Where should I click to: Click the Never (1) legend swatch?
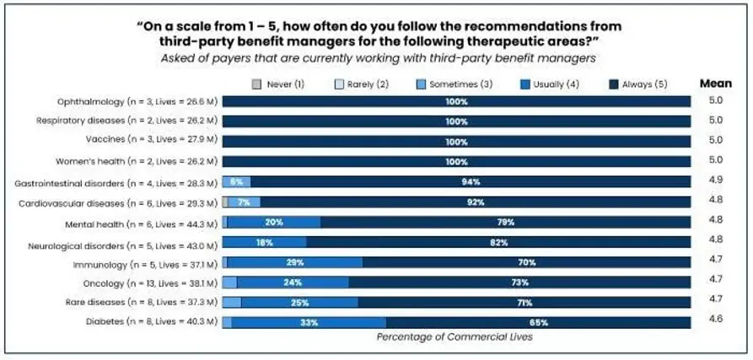click(x=256, y=84)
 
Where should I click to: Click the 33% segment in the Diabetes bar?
click(x=309, y=322)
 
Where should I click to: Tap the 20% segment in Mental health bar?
click(x=273, y=223)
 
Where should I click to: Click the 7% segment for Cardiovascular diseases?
click(x=245, y=202)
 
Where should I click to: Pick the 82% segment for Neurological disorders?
click(x=498, y=242)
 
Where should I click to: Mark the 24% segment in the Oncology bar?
click(x=293, y=282)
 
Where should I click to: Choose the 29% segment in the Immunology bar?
click(x=295, y=262)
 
